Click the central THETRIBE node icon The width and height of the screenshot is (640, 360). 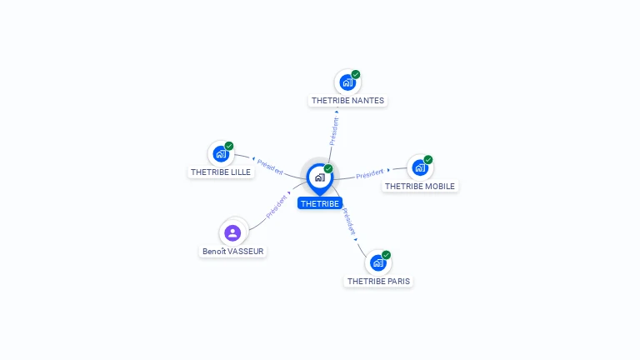319,177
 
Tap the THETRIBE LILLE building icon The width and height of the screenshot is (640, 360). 221,153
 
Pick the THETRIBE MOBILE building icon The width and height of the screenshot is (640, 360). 420,167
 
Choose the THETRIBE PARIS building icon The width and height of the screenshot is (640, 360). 378,262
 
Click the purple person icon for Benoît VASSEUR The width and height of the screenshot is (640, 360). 232,232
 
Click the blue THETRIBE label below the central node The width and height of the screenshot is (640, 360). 320,203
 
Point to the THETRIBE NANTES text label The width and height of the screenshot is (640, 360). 347,101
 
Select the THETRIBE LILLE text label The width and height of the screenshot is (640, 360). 221,172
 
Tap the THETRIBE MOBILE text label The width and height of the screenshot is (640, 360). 420,187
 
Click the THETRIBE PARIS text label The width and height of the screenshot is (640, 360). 379,282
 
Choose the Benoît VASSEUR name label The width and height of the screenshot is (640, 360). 234,251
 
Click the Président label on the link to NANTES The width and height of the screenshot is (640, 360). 333,131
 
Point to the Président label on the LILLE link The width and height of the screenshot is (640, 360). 270,166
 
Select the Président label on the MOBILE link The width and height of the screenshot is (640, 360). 370,174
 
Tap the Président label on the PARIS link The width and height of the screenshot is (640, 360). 350,219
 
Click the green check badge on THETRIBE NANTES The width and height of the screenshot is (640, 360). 356,74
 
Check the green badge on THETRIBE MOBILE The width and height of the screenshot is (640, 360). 428,159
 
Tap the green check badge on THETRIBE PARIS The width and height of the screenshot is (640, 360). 386,255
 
